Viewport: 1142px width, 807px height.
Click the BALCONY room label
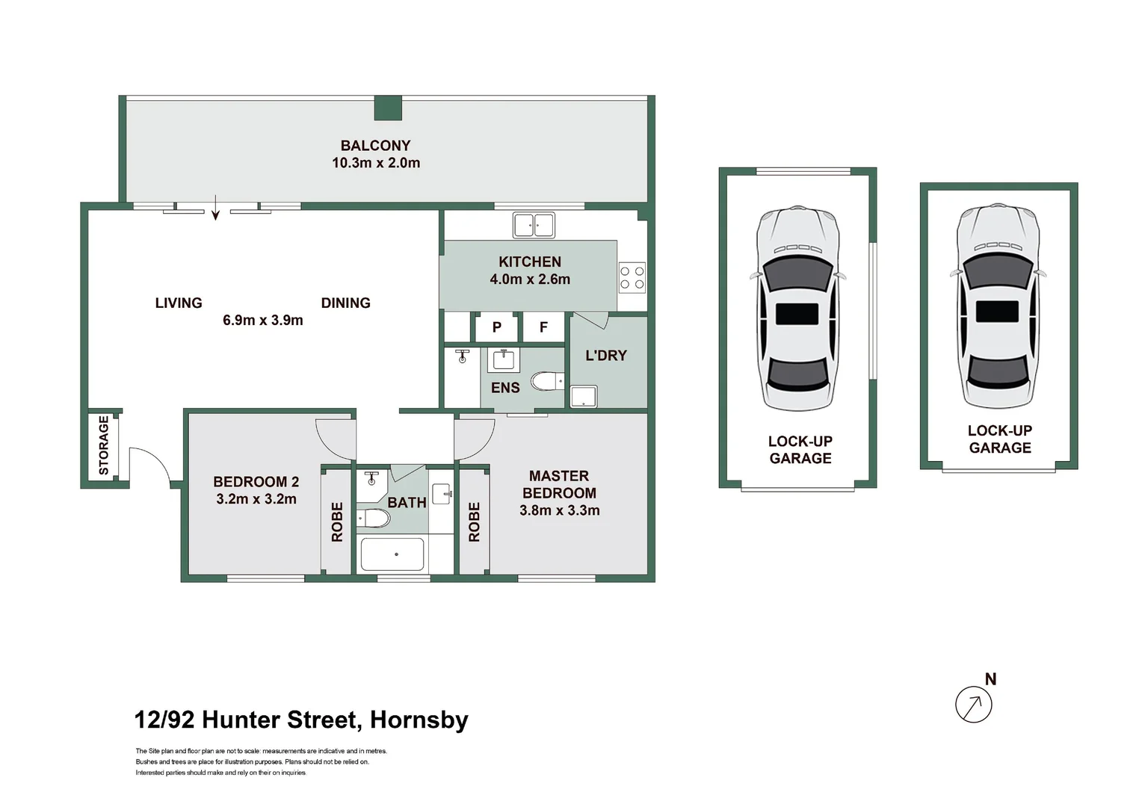click(x=375, y=146)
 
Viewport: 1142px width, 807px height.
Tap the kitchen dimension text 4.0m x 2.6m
click(x=530, y=279)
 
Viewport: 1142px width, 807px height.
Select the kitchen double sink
click(x=534, y=224)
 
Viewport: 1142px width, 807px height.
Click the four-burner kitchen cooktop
click(x=632, y=277)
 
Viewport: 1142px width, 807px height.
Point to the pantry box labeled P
click(x=496, y=327)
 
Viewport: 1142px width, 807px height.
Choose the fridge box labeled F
click(x=543, y=327)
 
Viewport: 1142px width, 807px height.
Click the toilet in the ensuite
click(x=547, y=382)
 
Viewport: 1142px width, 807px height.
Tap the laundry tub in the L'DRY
click(x=583, y=396)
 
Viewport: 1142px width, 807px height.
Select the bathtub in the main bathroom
click(x=392, y=554)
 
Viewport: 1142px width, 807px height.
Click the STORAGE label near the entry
click(x=104, y=445)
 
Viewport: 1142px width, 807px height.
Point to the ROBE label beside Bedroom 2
click(x=337, y=522)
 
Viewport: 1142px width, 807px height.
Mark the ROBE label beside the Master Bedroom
click(x=474, y=522)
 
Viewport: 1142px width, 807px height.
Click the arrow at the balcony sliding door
click(x=215, y=208)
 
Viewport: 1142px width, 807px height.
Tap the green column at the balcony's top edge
click(x=388, y=108)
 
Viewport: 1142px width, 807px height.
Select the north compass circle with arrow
click(x=974, y=704)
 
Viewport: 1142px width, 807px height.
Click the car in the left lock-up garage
click(x=797, y=308)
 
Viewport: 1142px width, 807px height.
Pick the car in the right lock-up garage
click(x=998, y=306)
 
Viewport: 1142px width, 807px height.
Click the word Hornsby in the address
click(x=419, y=720)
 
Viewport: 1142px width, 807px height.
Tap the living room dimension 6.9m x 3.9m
click(x=263, y=321)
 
